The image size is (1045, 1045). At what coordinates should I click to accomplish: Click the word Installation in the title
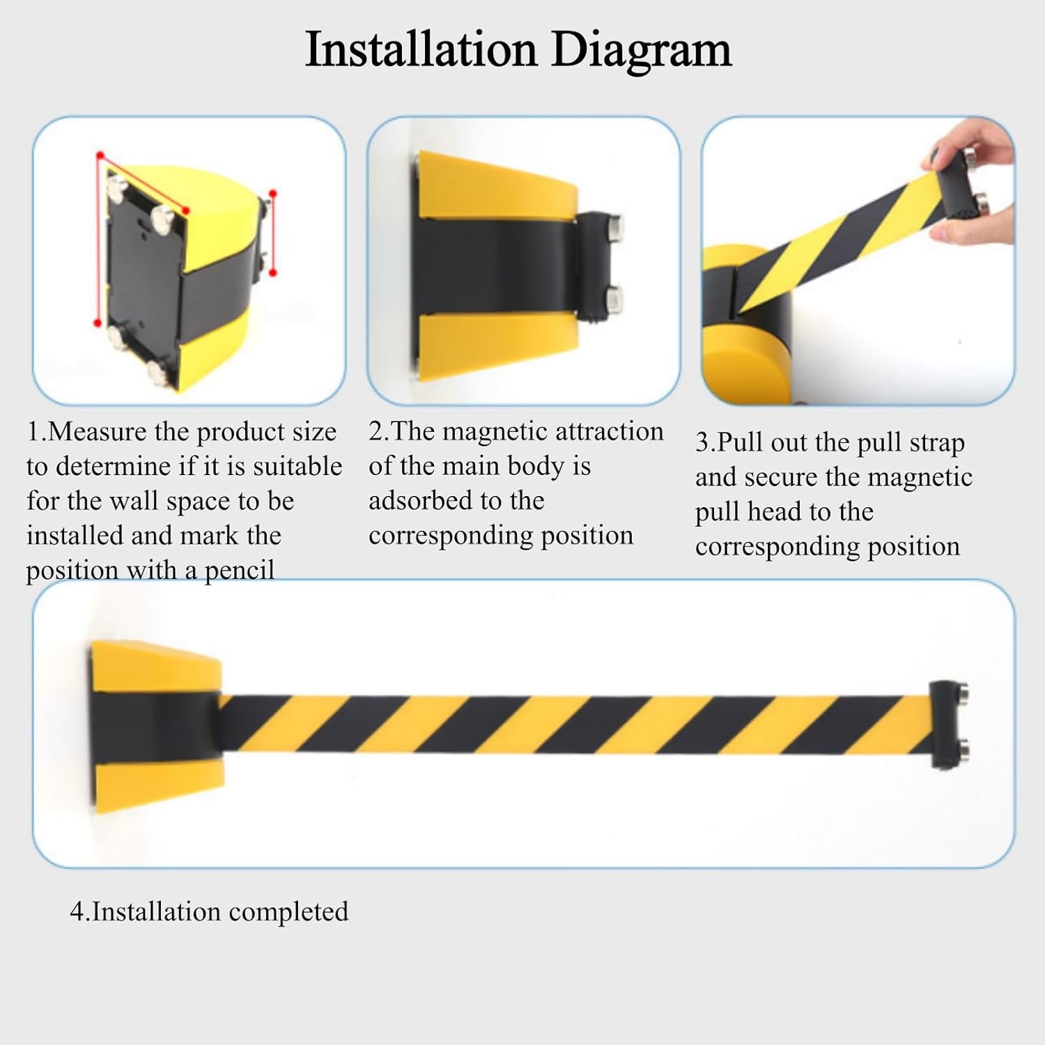click(x=421, y=50)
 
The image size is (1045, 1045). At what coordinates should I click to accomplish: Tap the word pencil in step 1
click(x=239, y=571)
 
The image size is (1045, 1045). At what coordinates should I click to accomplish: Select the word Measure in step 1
click(x=98, y=432)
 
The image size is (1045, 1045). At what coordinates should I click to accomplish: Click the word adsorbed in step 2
click(x=419, y=501)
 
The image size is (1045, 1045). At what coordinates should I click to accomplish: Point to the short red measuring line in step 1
click(x=273, y=233)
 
